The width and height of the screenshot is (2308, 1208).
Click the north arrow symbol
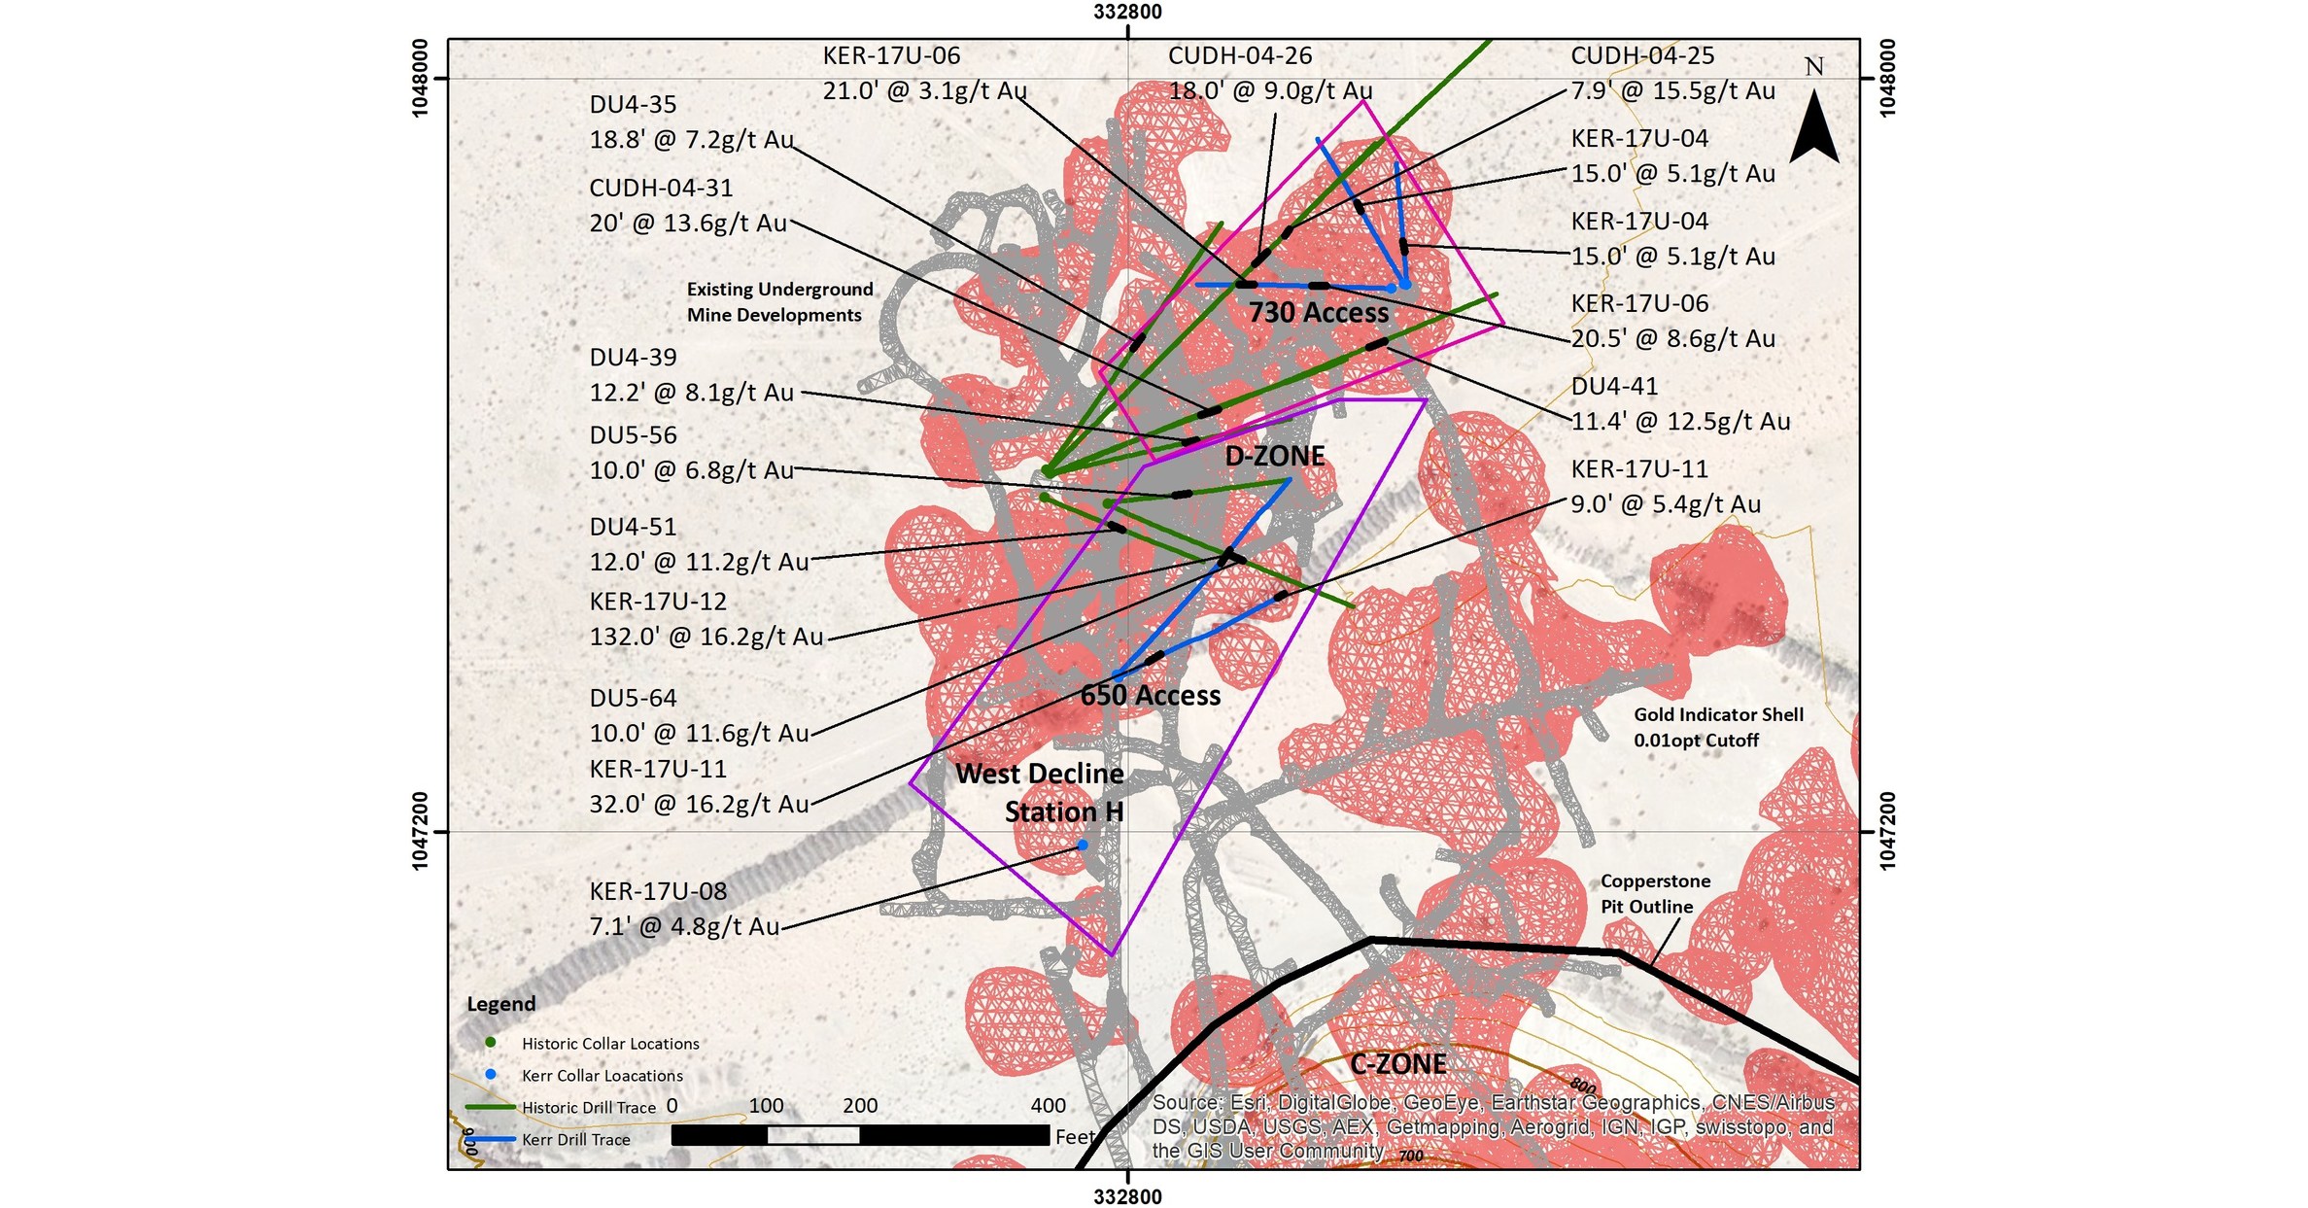[1813, 126]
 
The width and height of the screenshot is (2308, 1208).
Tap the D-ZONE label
[1274, 456]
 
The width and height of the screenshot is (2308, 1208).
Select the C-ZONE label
[1397, 1064]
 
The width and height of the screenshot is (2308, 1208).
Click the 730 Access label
[1318, 313]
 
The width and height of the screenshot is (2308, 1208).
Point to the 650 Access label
[1151, 696]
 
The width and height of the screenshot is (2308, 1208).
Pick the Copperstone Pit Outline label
[1654, 893]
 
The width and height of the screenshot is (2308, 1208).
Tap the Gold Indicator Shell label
[1717, 727]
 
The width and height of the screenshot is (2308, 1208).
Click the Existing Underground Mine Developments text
[778, 302]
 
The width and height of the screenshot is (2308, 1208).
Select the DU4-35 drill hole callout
[691, 122]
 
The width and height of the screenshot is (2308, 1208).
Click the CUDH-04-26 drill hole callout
[1269, 74]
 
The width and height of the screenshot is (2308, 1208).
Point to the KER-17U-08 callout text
[684, 909]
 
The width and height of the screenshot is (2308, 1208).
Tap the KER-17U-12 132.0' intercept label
[706, 619]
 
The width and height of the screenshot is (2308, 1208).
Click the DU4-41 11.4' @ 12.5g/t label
[1679, 404]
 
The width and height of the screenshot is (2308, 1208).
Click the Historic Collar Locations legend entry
[609, 1044]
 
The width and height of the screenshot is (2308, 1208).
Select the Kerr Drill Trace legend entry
[575, 1140]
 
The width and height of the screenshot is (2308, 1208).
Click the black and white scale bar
[859, 1135]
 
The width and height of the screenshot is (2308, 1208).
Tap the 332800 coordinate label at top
[1127, 12]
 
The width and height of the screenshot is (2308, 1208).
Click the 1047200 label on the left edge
[421, 831]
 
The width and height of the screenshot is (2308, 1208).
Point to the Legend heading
[500, 1004]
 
